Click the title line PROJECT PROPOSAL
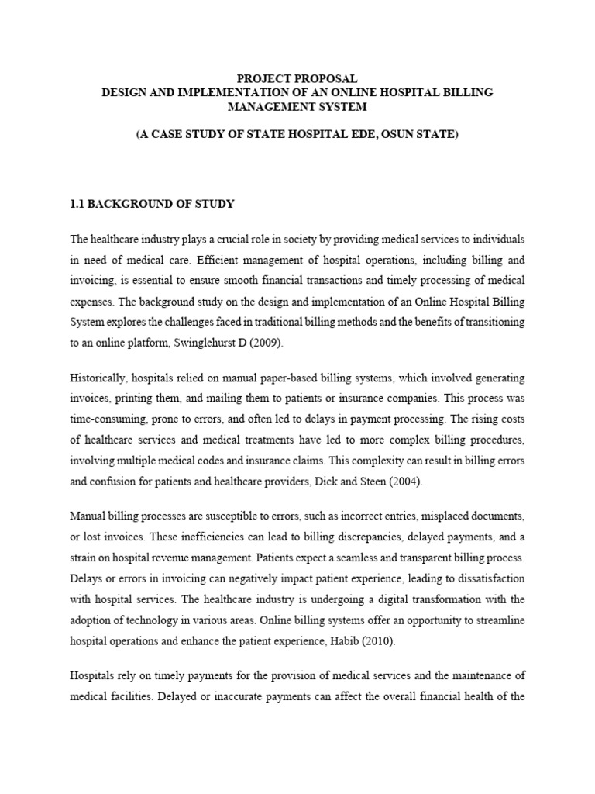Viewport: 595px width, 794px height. (297, 78)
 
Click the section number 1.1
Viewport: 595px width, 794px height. (79, 204)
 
